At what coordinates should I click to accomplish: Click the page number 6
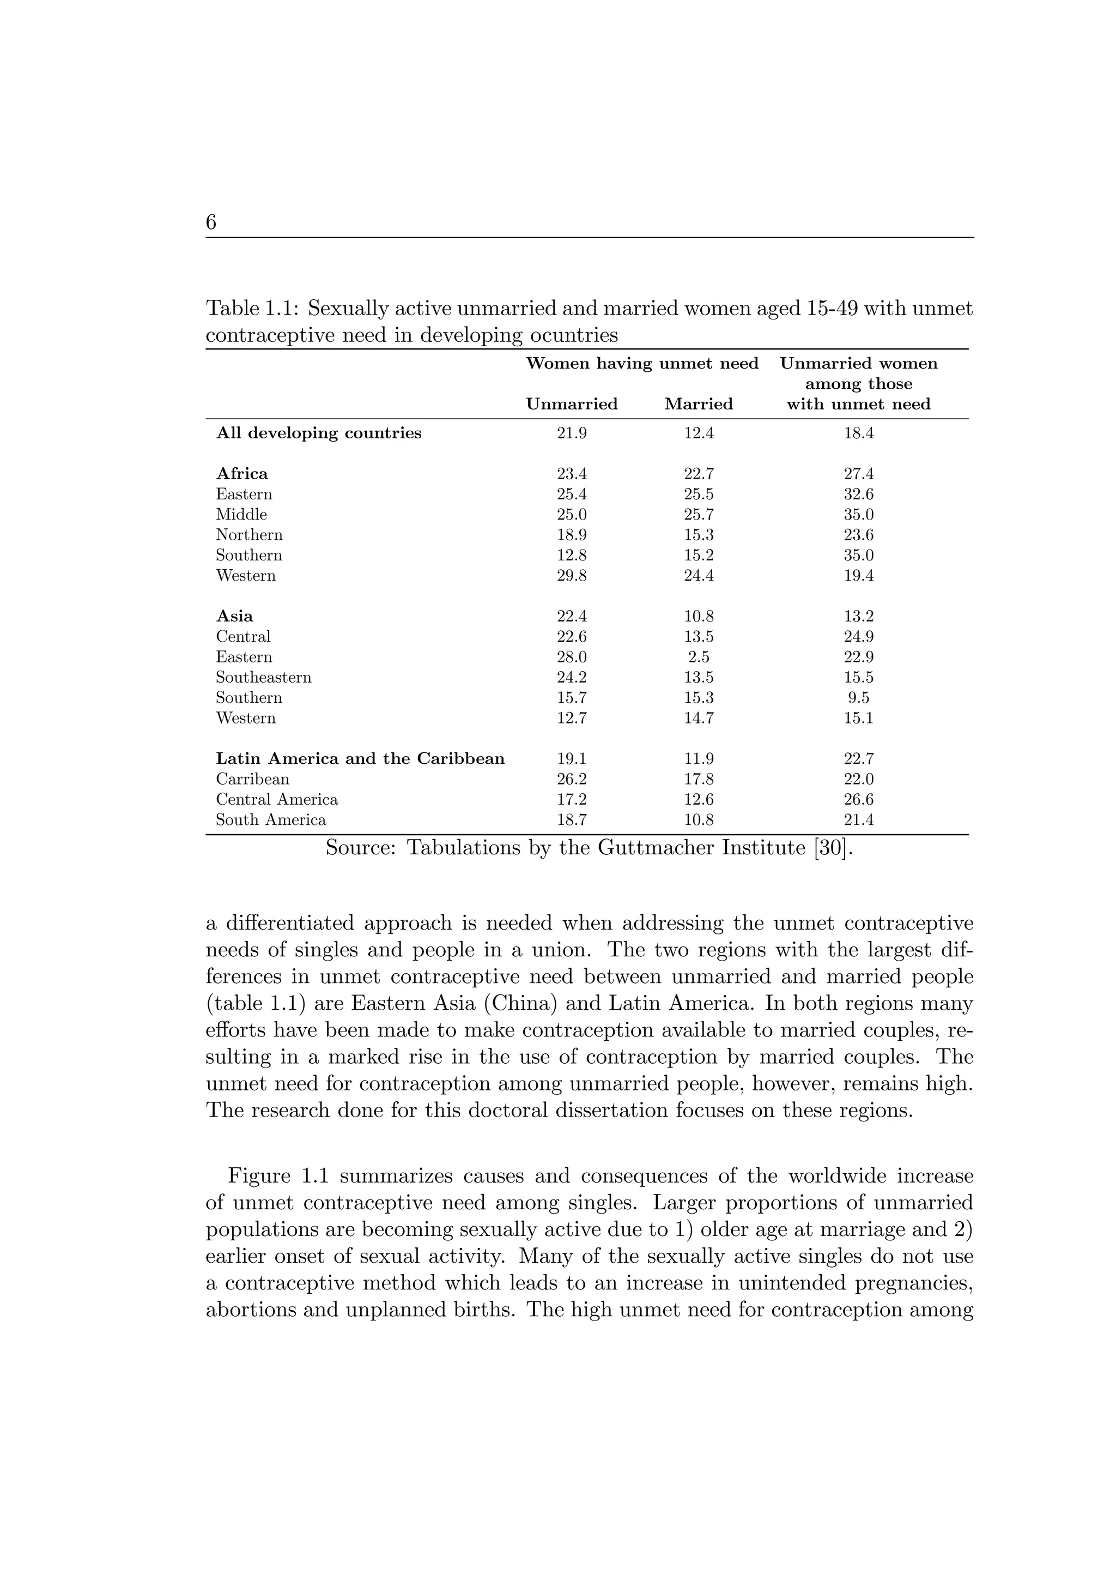tap(211, 222)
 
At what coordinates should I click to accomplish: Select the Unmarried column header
tap(571, 404)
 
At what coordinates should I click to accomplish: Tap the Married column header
tap(698, 404)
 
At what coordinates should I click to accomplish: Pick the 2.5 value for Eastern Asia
tap(698, 657)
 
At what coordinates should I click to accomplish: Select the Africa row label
tap(242, 474)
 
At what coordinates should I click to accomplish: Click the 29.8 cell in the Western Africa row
tap(571, 575)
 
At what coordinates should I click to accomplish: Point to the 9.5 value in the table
tap(858, 698)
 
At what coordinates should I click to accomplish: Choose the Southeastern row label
tap(263, 677)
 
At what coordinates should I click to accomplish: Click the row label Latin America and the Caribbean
tap(360, 758)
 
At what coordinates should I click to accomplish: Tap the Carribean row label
tap(252, 779)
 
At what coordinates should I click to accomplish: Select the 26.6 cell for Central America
tap(858, 799)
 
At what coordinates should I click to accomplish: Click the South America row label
tap(271, 820)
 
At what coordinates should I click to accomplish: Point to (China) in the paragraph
tap(521, 1003)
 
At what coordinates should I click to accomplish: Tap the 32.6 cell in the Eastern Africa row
tap(858, 494)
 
